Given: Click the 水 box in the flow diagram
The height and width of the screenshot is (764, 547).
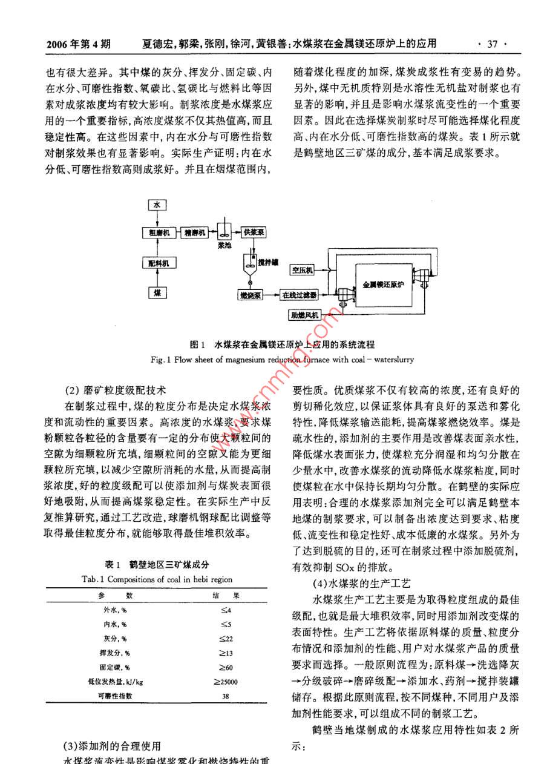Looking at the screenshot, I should click(x=157, y=205).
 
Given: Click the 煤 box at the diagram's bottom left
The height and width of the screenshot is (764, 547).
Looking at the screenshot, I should click(x=157, y=293).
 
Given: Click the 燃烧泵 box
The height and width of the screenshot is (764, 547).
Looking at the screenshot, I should click(x=249, y=295).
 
